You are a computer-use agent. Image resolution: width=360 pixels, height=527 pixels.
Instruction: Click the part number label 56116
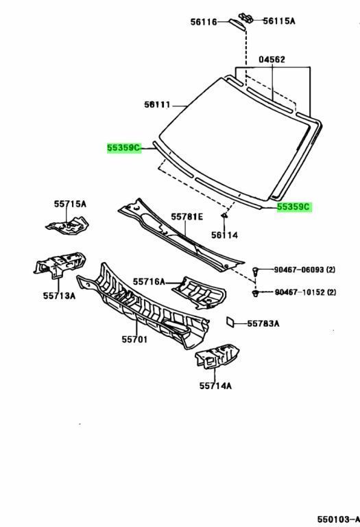204,23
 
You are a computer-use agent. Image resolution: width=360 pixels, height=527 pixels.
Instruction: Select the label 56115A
280,21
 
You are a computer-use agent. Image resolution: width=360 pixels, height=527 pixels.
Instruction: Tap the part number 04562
272,60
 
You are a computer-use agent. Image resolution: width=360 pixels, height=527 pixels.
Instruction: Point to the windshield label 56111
158,104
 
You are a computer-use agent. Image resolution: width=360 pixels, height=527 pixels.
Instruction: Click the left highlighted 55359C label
123,148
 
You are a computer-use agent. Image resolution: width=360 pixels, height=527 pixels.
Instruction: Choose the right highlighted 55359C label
294,207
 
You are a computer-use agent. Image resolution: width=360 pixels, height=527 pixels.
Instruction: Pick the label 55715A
71,204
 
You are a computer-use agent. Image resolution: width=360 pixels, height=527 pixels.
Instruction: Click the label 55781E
187,217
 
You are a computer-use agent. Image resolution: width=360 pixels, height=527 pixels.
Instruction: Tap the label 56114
224,235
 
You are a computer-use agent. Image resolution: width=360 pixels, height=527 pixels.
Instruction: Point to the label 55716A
149,281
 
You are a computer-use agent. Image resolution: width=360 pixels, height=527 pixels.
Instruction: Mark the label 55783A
263,323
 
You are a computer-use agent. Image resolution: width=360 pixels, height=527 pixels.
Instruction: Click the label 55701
136,340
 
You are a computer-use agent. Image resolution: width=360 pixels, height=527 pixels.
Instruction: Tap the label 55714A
215,386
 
